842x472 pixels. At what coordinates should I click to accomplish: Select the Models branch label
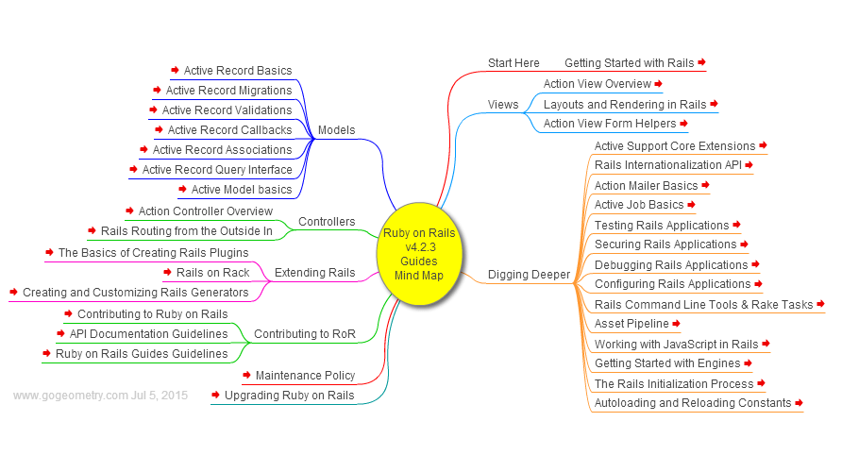pyautogui.click(x=336, y=130)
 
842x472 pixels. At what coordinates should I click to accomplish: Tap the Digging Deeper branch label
pyautogui.click(x=529, y=275)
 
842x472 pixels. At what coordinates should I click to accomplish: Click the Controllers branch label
pyautogui.click(x=327, y=223)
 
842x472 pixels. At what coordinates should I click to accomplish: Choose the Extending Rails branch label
pyautogui.click(x=314, y=274)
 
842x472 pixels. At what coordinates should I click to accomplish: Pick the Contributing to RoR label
pyautogui.click(x=304, y=334)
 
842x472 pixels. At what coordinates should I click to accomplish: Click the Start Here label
pyautogui.click(x=514, y=63)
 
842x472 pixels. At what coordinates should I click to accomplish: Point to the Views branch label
pyautogui.click(x=503, y=105)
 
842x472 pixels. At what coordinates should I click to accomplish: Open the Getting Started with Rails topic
pyautogui.click(x=629, y=63)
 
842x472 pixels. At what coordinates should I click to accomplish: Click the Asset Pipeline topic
pyautogui.click(x=631, y=324)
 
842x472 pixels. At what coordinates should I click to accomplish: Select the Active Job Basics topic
pyautogui.click(x=639, y=205)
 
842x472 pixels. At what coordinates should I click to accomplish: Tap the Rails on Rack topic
pyautogui.click(x=212, y=274)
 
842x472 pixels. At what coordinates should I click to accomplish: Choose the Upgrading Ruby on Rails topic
pyautogui.click(x=289, y=396)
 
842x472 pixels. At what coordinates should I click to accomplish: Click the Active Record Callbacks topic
pyautogui.click(x=229, y=130)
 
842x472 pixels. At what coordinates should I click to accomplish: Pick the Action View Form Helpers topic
pyautogui.click(x=610, y=124)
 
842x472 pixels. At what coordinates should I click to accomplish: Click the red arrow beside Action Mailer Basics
pyautogui.click(x=705, y=185)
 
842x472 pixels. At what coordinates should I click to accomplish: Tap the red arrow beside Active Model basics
pyautogui.click(x=182, y=189)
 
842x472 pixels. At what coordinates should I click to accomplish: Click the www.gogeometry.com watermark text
pyautogui.click(x=99, y=396)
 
